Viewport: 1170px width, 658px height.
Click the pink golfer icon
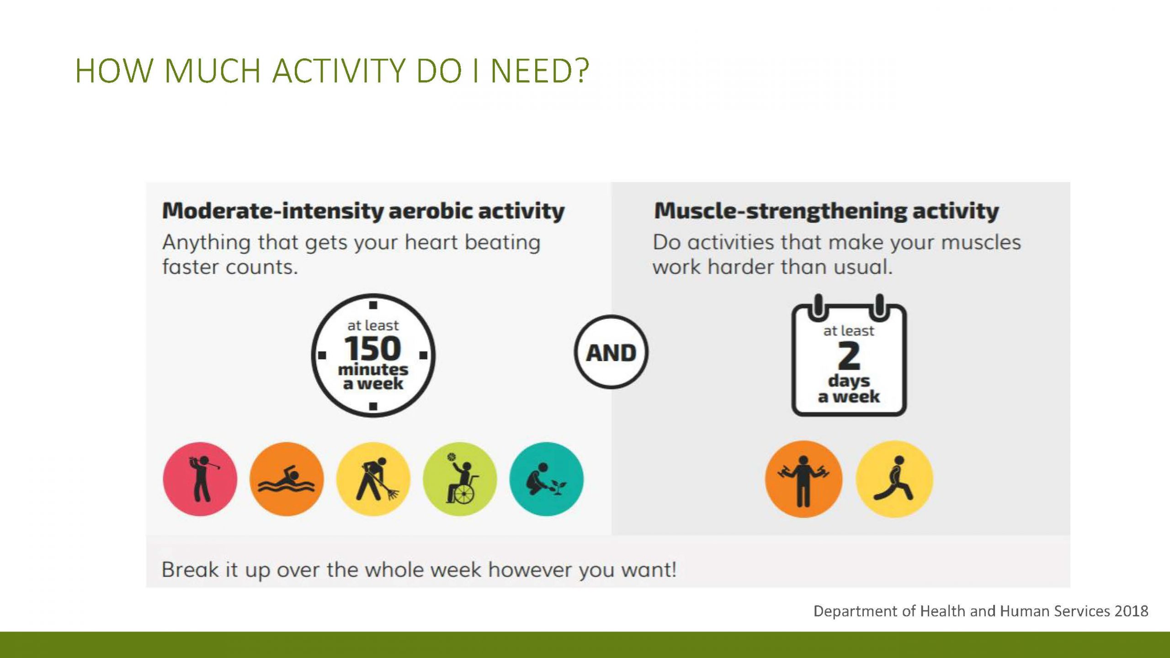[x=200, y=479]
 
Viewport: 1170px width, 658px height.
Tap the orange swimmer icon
[x=287, y=479]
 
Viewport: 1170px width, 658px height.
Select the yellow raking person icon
[x=373, y=479]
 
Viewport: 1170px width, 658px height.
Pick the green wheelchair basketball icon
[x=460, y=479]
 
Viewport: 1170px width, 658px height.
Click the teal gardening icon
[x=547, y=479]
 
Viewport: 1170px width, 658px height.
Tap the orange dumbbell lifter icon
[x=803, y=479]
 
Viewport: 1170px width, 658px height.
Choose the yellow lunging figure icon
[x=894, y=479]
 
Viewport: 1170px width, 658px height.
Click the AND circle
[x=611, y=352]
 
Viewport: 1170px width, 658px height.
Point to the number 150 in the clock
[x=372, y=349]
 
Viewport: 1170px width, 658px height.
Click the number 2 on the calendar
[x=849, y=356]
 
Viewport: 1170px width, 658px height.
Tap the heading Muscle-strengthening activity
[x=826, y=211]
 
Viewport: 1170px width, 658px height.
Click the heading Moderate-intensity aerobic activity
[x=363, y=211]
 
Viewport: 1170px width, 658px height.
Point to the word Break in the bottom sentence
[x=190, y=570]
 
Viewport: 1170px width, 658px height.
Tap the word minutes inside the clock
[x=373, y=369]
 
